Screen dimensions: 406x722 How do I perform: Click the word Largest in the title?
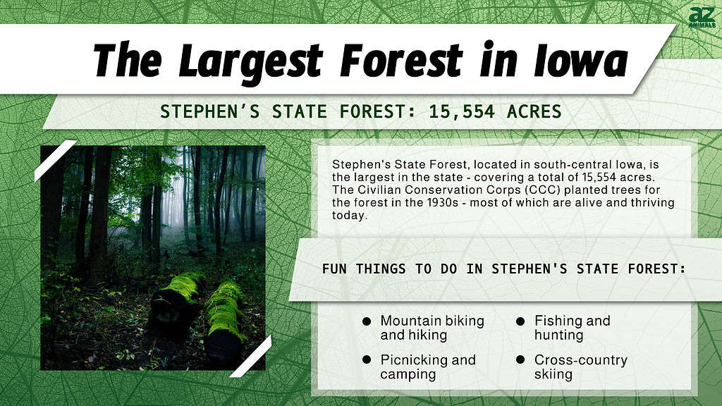pos(252,61)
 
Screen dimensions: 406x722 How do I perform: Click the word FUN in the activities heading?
pos(336,269)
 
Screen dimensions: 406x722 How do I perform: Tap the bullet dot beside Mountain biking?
pos(367,321)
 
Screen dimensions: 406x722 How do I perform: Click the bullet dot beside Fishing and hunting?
pos(520,321)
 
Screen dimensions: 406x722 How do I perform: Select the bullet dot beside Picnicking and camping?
pos(367,359)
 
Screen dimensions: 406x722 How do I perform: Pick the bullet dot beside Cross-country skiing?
pos(520,359)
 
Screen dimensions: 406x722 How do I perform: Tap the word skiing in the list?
pos(553,374)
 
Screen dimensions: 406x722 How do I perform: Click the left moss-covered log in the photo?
pos(176,303)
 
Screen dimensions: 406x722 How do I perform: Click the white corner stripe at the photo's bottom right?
pos(251,355)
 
